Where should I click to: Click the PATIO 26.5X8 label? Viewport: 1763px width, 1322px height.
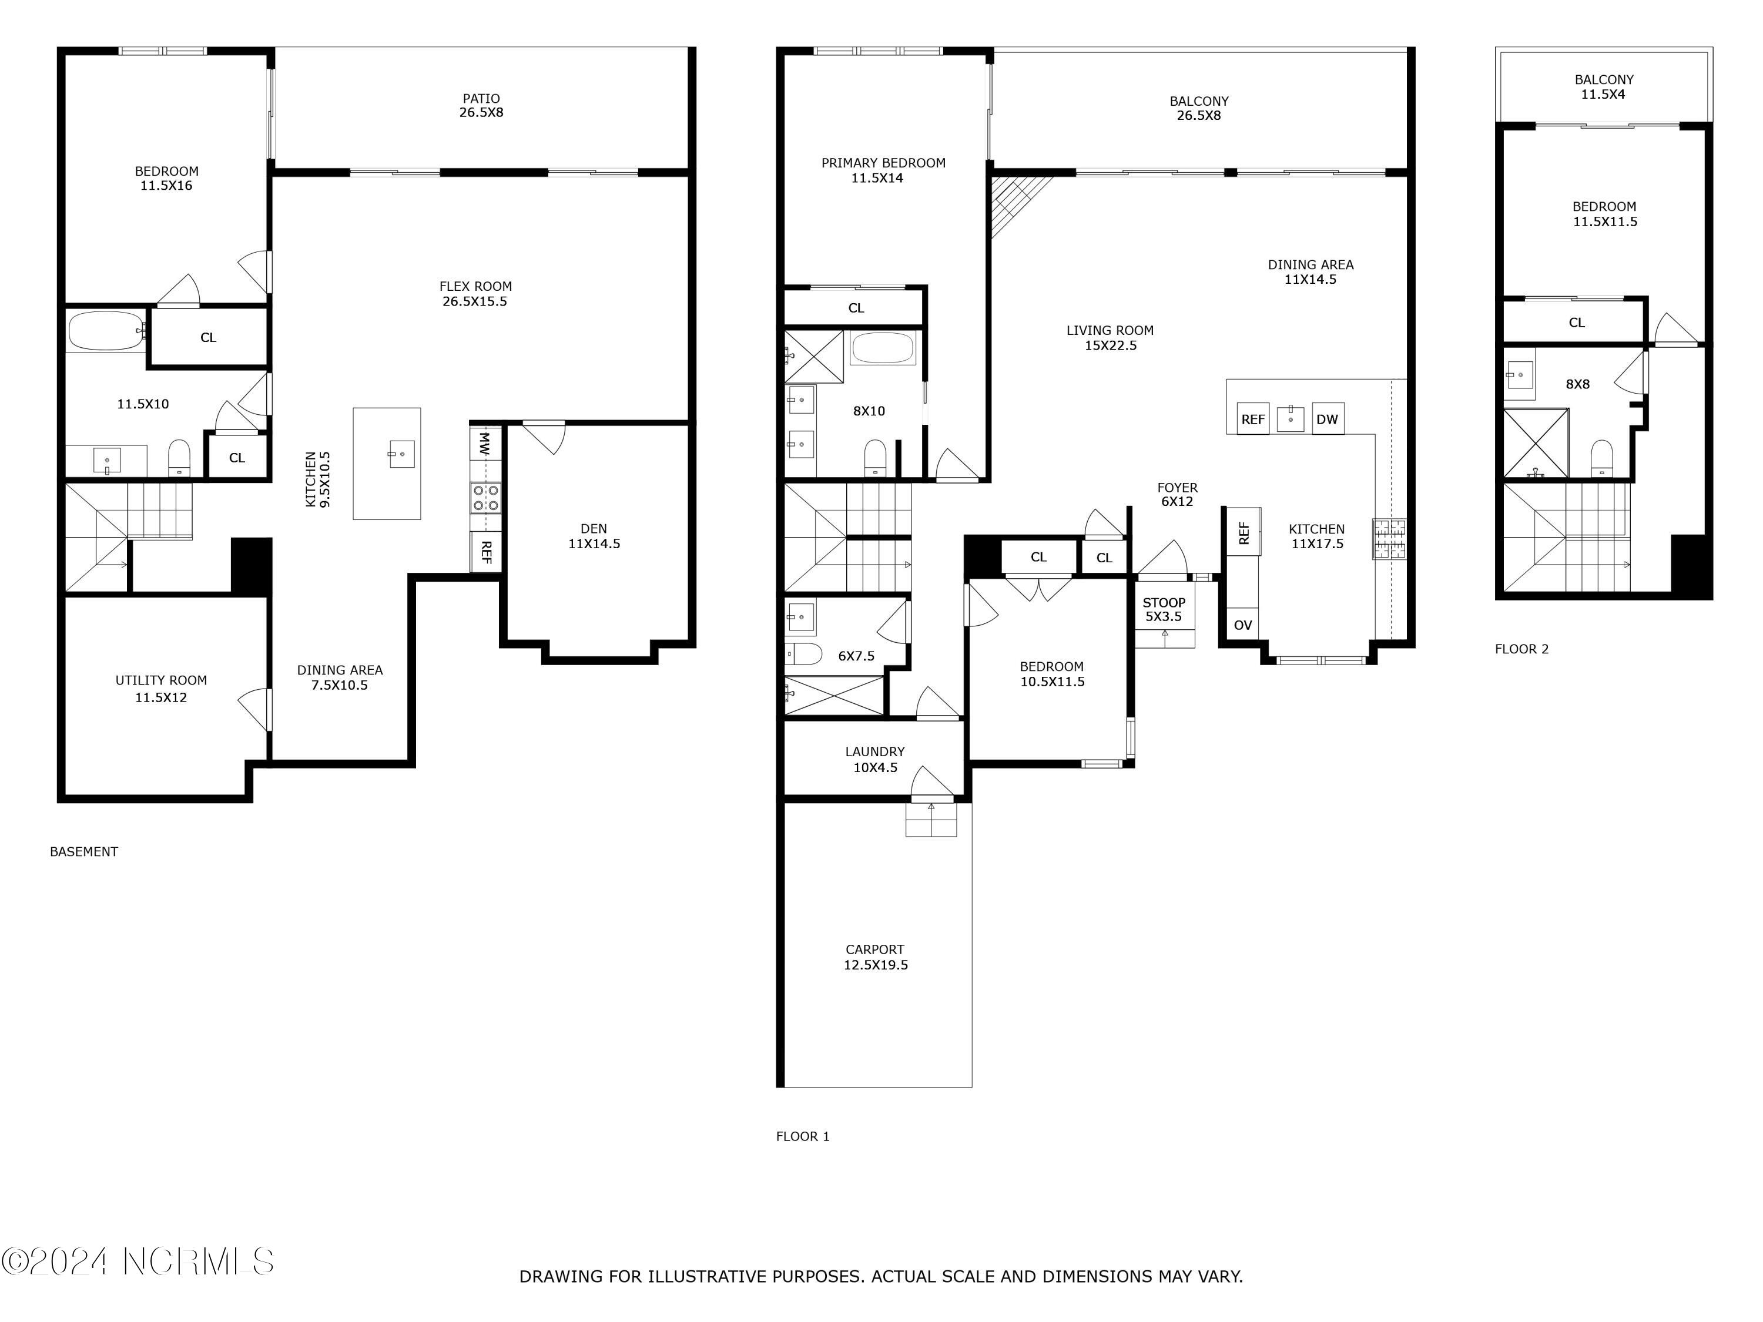[x=481, y=105]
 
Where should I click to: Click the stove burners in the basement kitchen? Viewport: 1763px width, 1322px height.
[x=485, y=498]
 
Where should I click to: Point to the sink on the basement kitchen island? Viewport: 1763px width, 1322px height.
[x=402, y=454]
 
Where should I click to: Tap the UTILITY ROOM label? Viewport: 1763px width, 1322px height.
[x=161, y=689]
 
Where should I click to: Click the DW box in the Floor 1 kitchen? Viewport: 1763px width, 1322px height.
[x=1327, y=419]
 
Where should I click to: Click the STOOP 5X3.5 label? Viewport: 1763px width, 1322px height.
[x=1164, y=610]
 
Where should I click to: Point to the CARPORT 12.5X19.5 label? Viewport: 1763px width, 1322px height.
[x=875, y=957]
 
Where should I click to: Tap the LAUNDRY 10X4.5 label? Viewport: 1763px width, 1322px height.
[x=875, y=759]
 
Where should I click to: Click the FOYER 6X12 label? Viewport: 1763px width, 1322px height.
[x=1177, y=494]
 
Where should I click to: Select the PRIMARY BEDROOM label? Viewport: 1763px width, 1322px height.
[x=883, y=170]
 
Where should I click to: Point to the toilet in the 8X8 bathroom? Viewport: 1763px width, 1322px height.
[x=1601, y=459]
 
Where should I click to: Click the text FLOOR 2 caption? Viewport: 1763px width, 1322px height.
[x=1521, y=649]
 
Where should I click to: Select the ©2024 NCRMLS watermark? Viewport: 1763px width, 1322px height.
[x=138, y=1261]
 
